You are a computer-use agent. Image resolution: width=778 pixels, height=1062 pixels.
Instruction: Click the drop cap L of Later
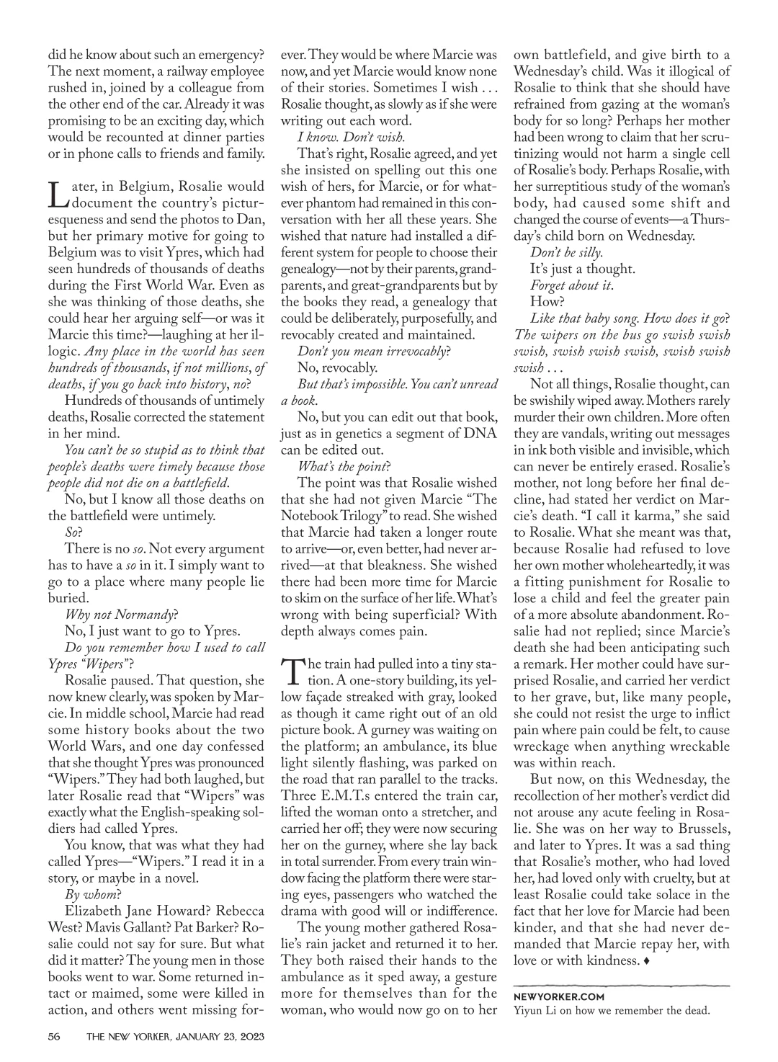tap(57, 193)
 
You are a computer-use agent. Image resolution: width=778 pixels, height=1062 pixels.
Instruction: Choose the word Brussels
tap(697, 829)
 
